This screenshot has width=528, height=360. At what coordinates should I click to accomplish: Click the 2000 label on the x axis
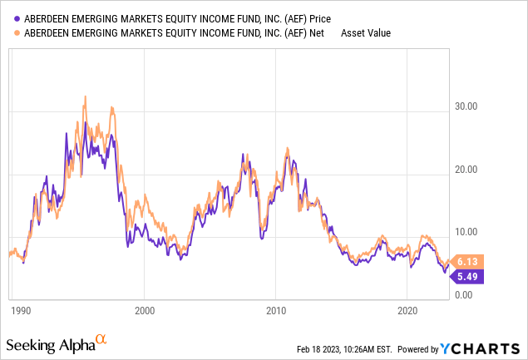coord(145,309)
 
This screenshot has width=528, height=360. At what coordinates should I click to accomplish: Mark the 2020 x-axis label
coord(407,309)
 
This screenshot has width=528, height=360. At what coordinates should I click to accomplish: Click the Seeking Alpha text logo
coord(49,344)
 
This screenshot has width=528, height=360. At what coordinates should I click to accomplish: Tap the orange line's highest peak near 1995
coord(85,96)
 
